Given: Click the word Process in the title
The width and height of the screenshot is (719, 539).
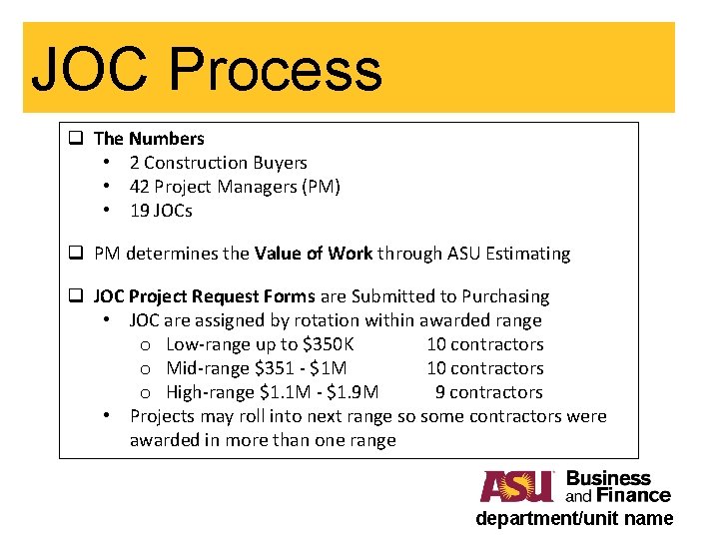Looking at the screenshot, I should click(x=275, y=71).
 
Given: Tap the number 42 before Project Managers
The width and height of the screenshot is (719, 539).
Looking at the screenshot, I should click(x=140, y=187).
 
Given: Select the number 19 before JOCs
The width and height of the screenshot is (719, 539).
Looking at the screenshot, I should click(x=140, y=211).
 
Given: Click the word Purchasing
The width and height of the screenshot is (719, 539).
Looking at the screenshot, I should click(x=505, y=296).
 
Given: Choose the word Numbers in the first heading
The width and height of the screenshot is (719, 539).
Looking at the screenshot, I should click(x=166, y=139).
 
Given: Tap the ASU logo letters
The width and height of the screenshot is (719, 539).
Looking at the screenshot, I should click(x=516, y=486).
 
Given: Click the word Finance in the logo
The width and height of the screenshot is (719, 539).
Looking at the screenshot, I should click(x=633, y=495).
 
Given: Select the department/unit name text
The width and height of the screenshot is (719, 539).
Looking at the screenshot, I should click(x=574, y=518).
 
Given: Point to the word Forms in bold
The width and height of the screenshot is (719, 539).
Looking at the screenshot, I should click(x=290, y=296).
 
